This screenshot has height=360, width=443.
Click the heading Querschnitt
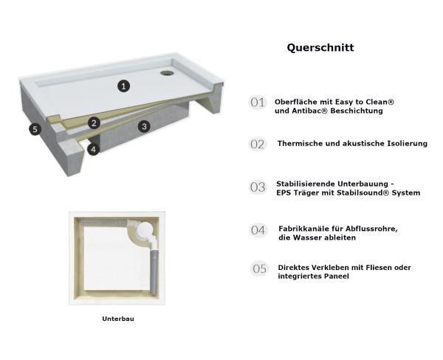coord(320,48)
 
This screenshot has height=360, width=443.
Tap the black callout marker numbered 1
coord(124,86)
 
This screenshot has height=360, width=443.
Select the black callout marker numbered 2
coord(94,123)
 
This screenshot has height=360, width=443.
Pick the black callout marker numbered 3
coord(144,126)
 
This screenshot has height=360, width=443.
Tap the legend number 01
coord(258,103)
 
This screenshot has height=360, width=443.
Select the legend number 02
coord(258,145)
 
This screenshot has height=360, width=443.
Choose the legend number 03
coord(258,187)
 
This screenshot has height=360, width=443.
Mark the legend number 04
coord(258,230)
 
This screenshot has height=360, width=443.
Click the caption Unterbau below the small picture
coord(117,319)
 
